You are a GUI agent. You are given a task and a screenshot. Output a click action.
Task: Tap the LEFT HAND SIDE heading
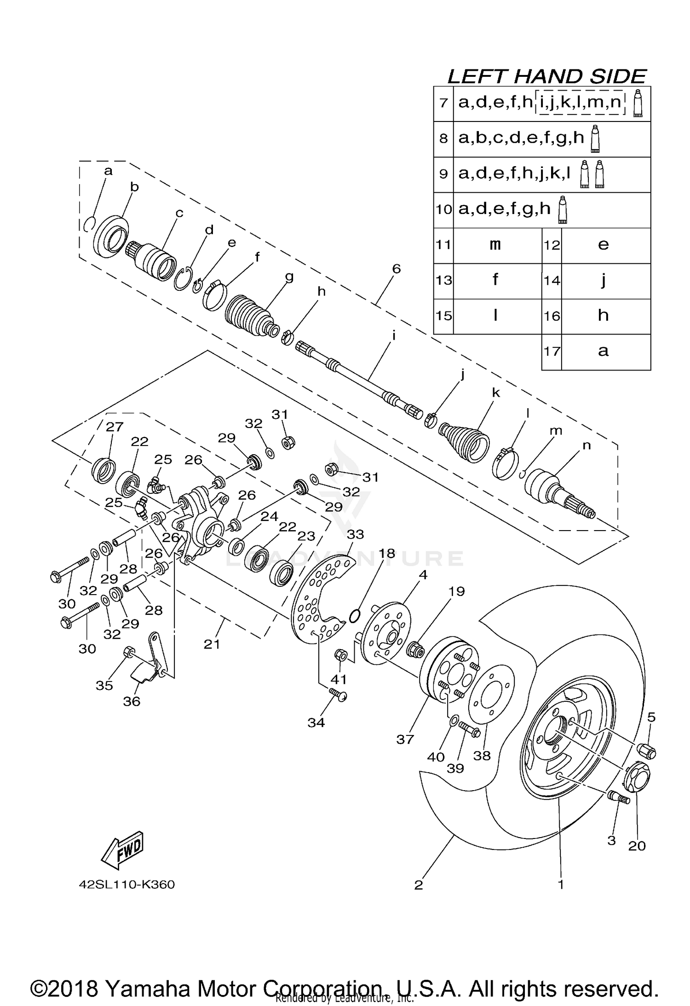tap(546, 76)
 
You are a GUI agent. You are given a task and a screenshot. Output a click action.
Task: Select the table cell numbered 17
tap(552, 352)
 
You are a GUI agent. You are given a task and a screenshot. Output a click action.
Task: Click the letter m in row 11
tap(495, 245)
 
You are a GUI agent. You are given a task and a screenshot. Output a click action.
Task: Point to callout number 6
tap(396, 269)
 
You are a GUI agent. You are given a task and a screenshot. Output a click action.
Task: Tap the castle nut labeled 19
tap(415, 649)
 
